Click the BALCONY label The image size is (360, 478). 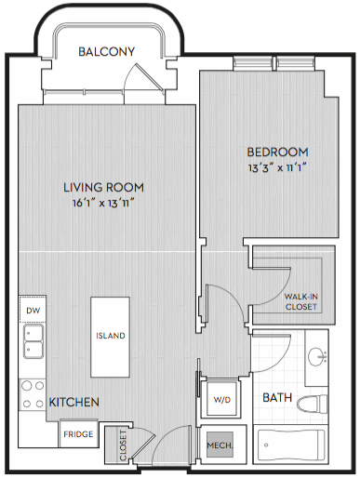(x=107, y=51)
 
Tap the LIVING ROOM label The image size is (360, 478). (x=103, y=188)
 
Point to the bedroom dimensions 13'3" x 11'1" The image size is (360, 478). (x=277, y=167)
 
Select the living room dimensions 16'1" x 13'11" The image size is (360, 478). (x=103, y=204)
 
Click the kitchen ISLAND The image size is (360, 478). (x=110, y=337)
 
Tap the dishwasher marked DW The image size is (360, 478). (x=33, y=310)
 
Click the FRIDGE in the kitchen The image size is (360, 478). (x=78, y=433)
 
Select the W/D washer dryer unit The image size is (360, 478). (x=221, y=399)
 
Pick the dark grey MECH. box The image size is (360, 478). (x=220, y=445)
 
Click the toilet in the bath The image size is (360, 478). (x=313, y=405)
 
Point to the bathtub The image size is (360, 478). (x=291, y=445)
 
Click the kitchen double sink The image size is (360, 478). (x=33, y=341)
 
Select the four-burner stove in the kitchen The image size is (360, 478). (x=33, y=394)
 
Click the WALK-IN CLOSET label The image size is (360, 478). (x=301, y=301)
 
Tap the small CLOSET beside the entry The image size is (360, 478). (x=117, y=445)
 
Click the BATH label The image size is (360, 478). (x=277, y=397)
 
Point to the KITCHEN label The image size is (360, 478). (x=74, y=402)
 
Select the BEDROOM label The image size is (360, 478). (x=277, y=152)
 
